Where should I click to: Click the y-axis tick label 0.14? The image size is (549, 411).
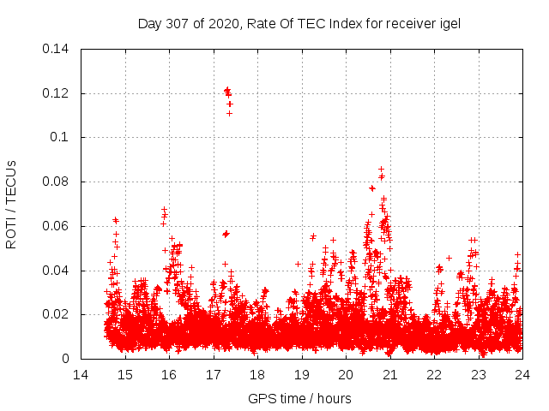click(x=57, y=49)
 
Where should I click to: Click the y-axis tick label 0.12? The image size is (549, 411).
click(x=57, y=93)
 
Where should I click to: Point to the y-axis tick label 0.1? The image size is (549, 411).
click(x=61, y=138)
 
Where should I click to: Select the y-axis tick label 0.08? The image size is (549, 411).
click(x=57, y=182)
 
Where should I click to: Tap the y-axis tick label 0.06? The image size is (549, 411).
click(x=57, y=227)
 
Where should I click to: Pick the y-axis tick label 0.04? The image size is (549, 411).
click(x=57, y=271)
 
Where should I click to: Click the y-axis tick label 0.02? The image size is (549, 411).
click(x=57, y=315)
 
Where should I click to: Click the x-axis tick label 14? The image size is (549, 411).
click(x=81, y=375)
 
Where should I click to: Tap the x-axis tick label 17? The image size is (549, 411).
click(x=214, y=375)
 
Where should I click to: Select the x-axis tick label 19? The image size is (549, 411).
click(x=302, y=375)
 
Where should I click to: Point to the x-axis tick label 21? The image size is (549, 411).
click(x=390, y=375)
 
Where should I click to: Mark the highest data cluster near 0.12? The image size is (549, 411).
click(x=228, y=92)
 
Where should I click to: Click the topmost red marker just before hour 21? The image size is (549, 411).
click(x=381, y=170)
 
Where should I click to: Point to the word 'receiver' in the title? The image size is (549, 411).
click(x=410, y=24)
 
